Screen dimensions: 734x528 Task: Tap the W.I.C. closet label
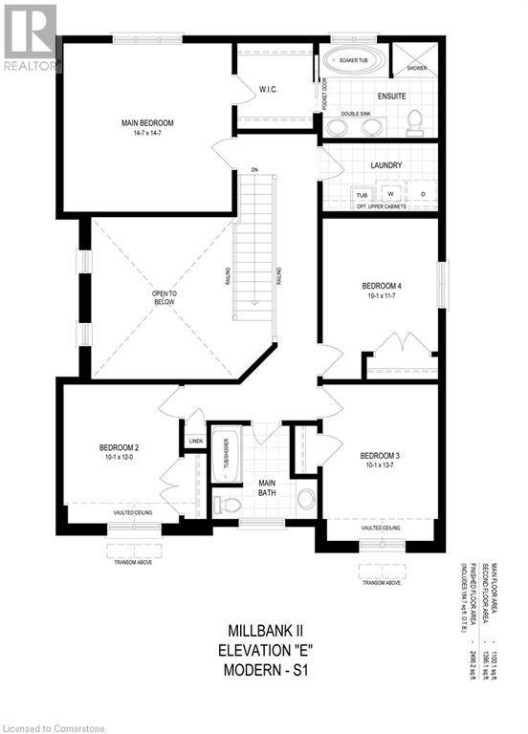[268, 89]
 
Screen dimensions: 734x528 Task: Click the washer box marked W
[391, 195]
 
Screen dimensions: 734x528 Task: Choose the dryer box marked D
[423, 195]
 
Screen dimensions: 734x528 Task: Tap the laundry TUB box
[362, 195]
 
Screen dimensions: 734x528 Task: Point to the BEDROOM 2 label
[120, 447]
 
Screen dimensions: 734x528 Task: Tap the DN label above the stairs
[254, 170]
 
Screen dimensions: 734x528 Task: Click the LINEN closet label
[196, 441]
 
